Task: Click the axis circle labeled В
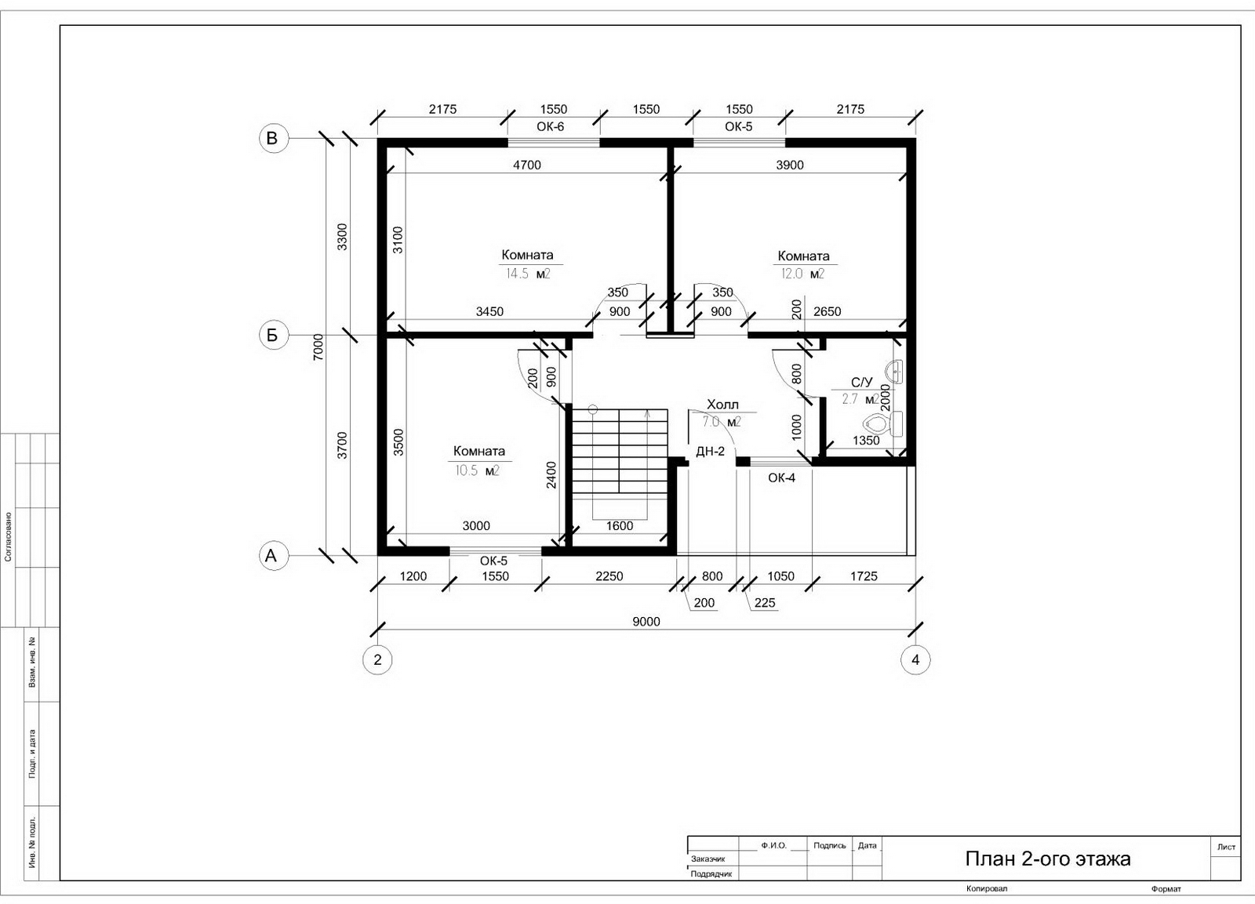[274, 138]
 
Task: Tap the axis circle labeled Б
[274, 335]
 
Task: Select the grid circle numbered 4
[915, 660]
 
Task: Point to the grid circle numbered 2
[377, 660]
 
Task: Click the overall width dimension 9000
[646, 622]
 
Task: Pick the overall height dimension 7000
[318, 347]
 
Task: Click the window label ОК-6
[550, 126]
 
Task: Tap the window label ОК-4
[781, 477]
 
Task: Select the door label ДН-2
[711, 452]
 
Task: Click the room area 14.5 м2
[528, 274]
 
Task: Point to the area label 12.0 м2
[803, 274]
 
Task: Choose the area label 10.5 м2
[477, 470]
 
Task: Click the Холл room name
[722, 405]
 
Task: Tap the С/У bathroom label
[862, 382]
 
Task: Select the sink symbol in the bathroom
[894, 370]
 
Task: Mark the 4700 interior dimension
[527, 165]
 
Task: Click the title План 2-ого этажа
[1048, 859]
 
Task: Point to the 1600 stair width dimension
[620, 525]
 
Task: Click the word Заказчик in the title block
[708, 859]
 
